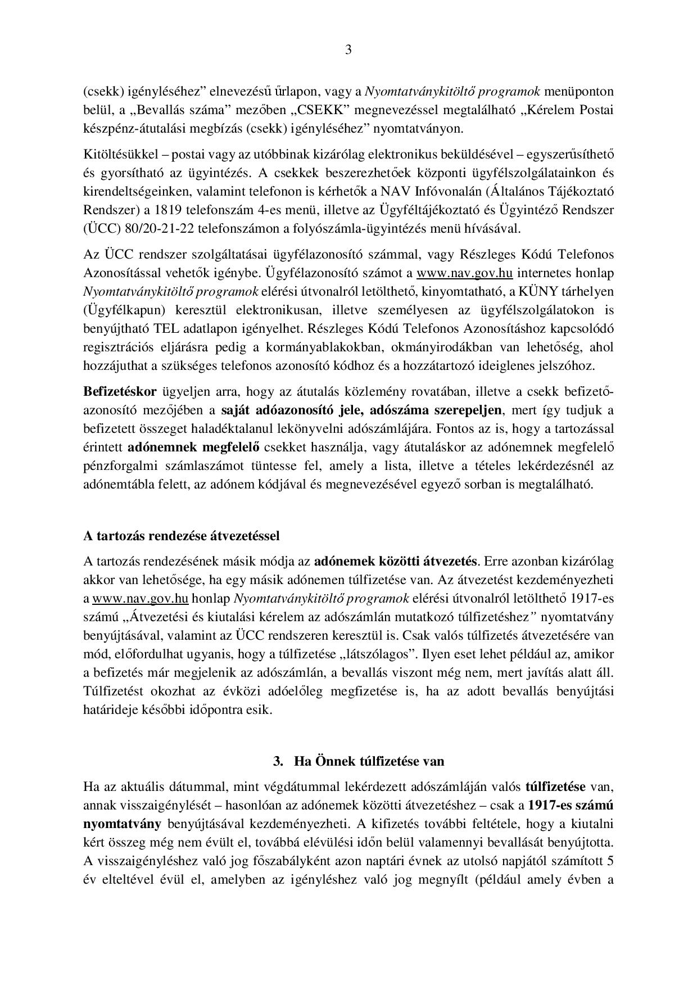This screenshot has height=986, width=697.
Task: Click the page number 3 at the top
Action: (x=348, y=50)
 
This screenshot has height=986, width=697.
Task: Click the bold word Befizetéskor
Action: (x=120, y=391)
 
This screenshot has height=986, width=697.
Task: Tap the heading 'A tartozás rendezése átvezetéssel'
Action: (x=181, y=535)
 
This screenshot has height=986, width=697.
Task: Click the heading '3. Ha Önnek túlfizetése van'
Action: (x=359, y=761)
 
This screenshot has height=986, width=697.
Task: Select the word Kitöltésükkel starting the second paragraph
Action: (x=116, y=155)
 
